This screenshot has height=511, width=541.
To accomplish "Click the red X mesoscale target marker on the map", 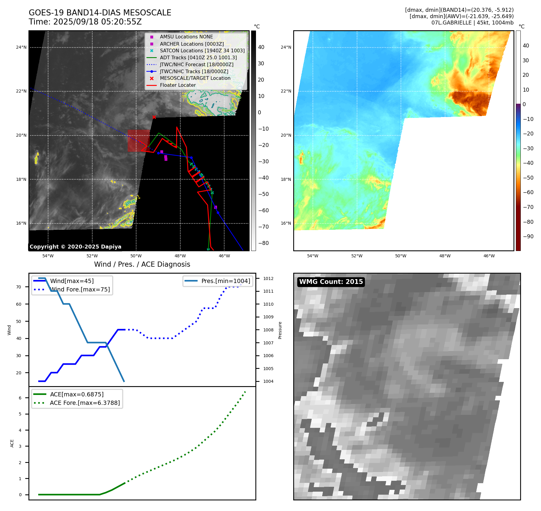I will click(x=154, y=117).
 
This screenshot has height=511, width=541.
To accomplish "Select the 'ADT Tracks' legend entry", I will click(x=198, y=57).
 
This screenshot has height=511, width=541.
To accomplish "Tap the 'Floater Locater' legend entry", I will click(x=178, y=85).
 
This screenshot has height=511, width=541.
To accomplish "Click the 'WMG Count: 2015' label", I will click(x=331, y=282).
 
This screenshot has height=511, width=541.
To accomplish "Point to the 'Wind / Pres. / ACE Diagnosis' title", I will click(x=142, y=264).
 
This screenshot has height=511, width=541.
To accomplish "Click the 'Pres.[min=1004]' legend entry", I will click(x=225, y=281).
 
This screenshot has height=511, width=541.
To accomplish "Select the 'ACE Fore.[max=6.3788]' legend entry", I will click(x=85, y=403).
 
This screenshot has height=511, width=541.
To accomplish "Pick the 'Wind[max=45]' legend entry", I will click(x=72, y=281).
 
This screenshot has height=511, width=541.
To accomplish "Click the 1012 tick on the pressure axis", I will click(x=268, y=278).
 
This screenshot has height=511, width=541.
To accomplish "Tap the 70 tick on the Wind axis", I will click(x=19, y=287).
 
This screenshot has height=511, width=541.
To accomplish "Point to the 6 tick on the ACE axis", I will click(x=20, y=398).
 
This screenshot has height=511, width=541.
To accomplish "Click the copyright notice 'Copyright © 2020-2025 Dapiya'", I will click(x=75, y=247).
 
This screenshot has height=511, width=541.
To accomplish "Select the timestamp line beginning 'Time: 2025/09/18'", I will click(x=85, y=22).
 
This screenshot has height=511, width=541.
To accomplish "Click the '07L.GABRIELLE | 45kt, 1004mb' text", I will click(x=472, y=23).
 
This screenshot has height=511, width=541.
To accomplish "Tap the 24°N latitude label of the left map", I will click(x=21, y=47).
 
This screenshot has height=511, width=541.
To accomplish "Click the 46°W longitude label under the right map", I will click(x=489, y=256).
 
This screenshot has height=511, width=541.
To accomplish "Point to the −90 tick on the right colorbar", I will click(x=528, y=236).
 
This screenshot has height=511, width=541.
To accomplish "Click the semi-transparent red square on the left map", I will click(x=139, y=141).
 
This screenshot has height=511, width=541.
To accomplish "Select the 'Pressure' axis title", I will click(x=280, y=330).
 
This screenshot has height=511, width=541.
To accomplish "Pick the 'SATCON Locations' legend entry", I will click(x=202, y=50).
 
